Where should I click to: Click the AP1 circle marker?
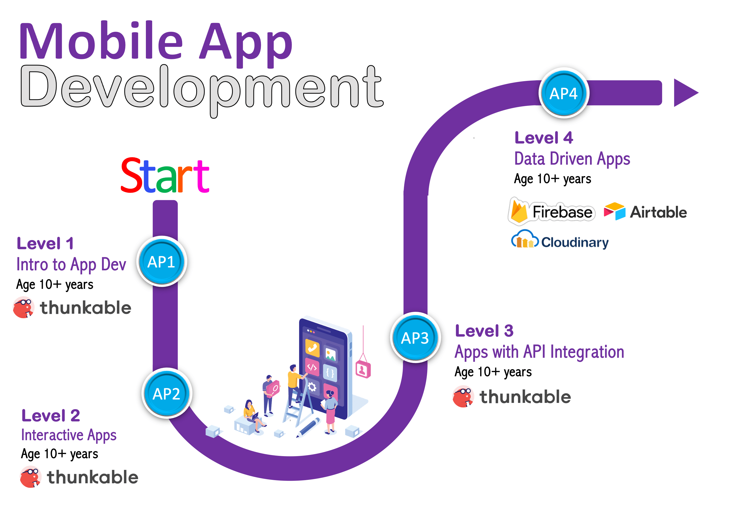[x=162, y=261]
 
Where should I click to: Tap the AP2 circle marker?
[x=166, y=393]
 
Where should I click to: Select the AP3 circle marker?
[x=415, y=337]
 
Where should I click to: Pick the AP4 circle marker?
[x=564, y=93]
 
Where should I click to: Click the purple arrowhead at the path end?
[x=685, y=93]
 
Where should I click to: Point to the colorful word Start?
[x=165, y=176]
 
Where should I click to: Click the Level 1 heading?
[x=45, y=244]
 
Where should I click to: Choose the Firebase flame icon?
[x=519, y=211]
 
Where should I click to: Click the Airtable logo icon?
[x=615, y=211]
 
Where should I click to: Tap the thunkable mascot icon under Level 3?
[x=463, y=396]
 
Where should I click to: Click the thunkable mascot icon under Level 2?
[x=31, y=477]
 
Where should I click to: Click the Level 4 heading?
[x=544, y=138]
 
